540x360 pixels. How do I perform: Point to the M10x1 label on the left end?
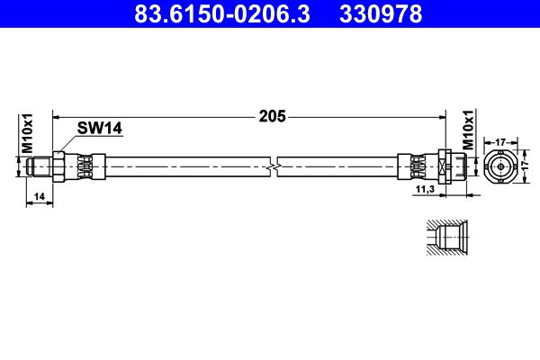27,133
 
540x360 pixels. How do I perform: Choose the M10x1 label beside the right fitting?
467,131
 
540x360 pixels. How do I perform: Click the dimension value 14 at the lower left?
38,194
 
